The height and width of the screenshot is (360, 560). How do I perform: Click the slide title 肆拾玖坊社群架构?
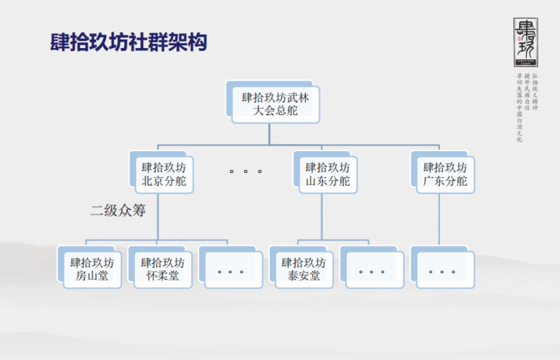coord(129,42)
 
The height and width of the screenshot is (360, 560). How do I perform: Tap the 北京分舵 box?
coord(164,174)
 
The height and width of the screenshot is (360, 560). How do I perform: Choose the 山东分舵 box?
coord(328,174)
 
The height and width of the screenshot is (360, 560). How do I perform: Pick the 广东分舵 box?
coord(445,174)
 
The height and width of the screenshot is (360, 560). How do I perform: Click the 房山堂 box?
coord(92,269)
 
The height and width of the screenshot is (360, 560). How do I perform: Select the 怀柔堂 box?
coord(162,269)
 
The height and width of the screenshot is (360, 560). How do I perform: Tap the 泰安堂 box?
coord(304,269)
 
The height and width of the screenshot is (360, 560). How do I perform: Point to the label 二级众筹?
coord(118,211)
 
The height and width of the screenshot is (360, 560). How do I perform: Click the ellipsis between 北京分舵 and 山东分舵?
coord(245,171)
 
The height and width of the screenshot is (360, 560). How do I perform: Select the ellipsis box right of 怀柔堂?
coord(231,270)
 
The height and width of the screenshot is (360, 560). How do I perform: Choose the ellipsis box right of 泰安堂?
coord(372,270)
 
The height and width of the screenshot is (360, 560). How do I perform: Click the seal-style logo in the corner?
coord(525,42)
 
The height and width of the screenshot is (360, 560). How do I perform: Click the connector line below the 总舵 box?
coord(269,134)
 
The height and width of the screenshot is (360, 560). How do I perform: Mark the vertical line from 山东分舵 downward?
coord(322,217)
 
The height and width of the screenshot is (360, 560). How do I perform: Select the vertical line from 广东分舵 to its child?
coord(439,219)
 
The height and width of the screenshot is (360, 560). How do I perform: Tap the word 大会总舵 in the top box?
coord(275,111)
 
